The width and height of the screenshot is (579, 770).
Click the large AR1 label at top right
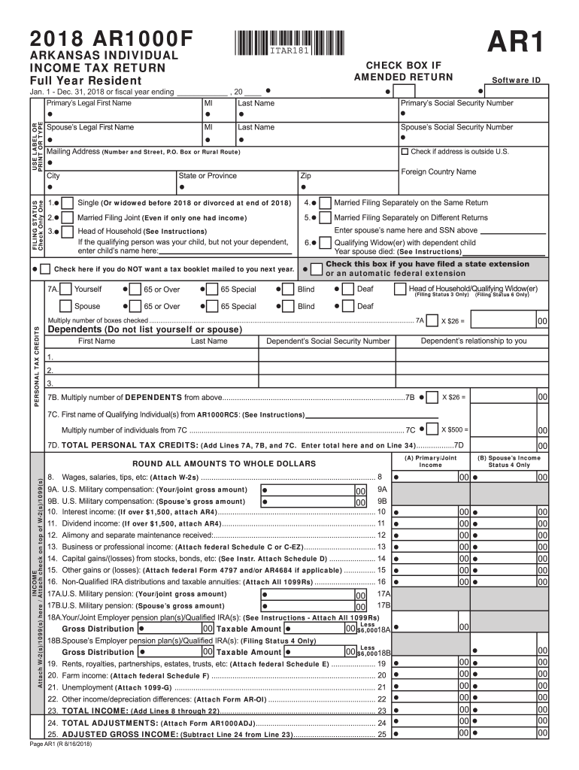pyautogui.click(x=516, y=43)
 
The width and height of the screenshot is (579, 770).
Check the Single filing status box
pyautogui.click(x=67, y=203)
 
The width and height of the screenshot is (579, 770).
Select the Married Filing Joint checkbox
pyautogui.click(x=67, y=218)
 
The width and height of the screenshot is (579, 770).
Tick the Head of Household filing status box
pyautogui.click(x=67, y=232)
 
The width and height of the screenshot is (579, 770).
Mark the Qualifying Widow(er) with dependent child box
pyautogui.click(x=325, y=243)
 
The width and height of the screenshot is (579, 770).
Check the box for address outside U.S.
pyautogui.click(x=406, y=151)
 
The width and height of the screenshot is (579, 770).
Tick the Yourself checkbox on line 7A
pyautogui.click(x=66, y=289)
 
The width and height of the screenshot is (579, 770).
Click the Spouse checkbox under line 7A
pyautogui.click(x=66, y=306)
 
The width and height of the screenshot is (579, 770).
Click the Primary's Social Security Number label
pyautogui.click(x=456, y=103)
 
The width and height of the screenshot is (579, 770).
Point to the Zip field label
pyautogui.click(x=306, y=176)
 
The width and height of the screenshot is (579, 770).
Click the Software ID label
pyautogui.click(x=516, y=80)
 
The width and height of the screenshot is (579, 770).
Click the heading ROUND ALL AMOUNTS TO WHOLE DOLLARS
pyautogui.click(x=224, y=464)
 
